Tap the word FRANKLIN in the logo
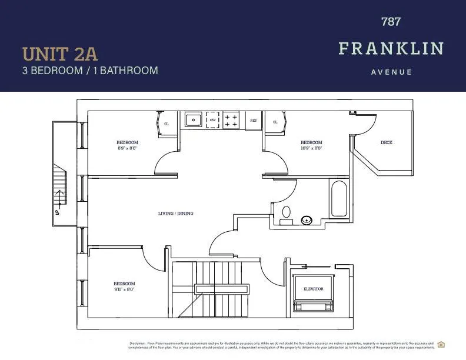pos(391,48)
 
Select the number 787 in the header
pos(391,22)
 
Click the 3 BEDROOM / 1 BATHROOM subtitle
pos(90,71)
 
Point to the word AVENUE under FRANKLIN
pos(391,72)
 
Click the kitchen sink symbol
pos(194,120)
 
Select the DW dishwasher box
pos(212,120)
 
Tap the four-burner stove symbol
pos(231,120)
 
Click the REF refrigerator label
pos(254,121)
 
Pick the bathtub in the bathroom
pos(339,199)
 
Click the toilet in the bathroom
pos(287,213)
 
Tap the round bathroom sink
pos(307,221)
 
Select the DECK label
pos(387,142)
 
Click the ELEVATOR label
pos(314,289)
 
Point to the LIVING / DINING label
pos(175,213)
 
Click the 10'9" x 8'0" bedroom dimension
pos(311,149)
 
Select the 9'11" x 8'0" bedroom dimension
pos(125,289)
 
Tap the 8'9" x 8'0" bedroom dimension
pos(127,149)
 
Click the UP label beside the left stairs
pos(57,212)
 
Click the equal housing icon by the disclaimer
pos(441,345)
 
